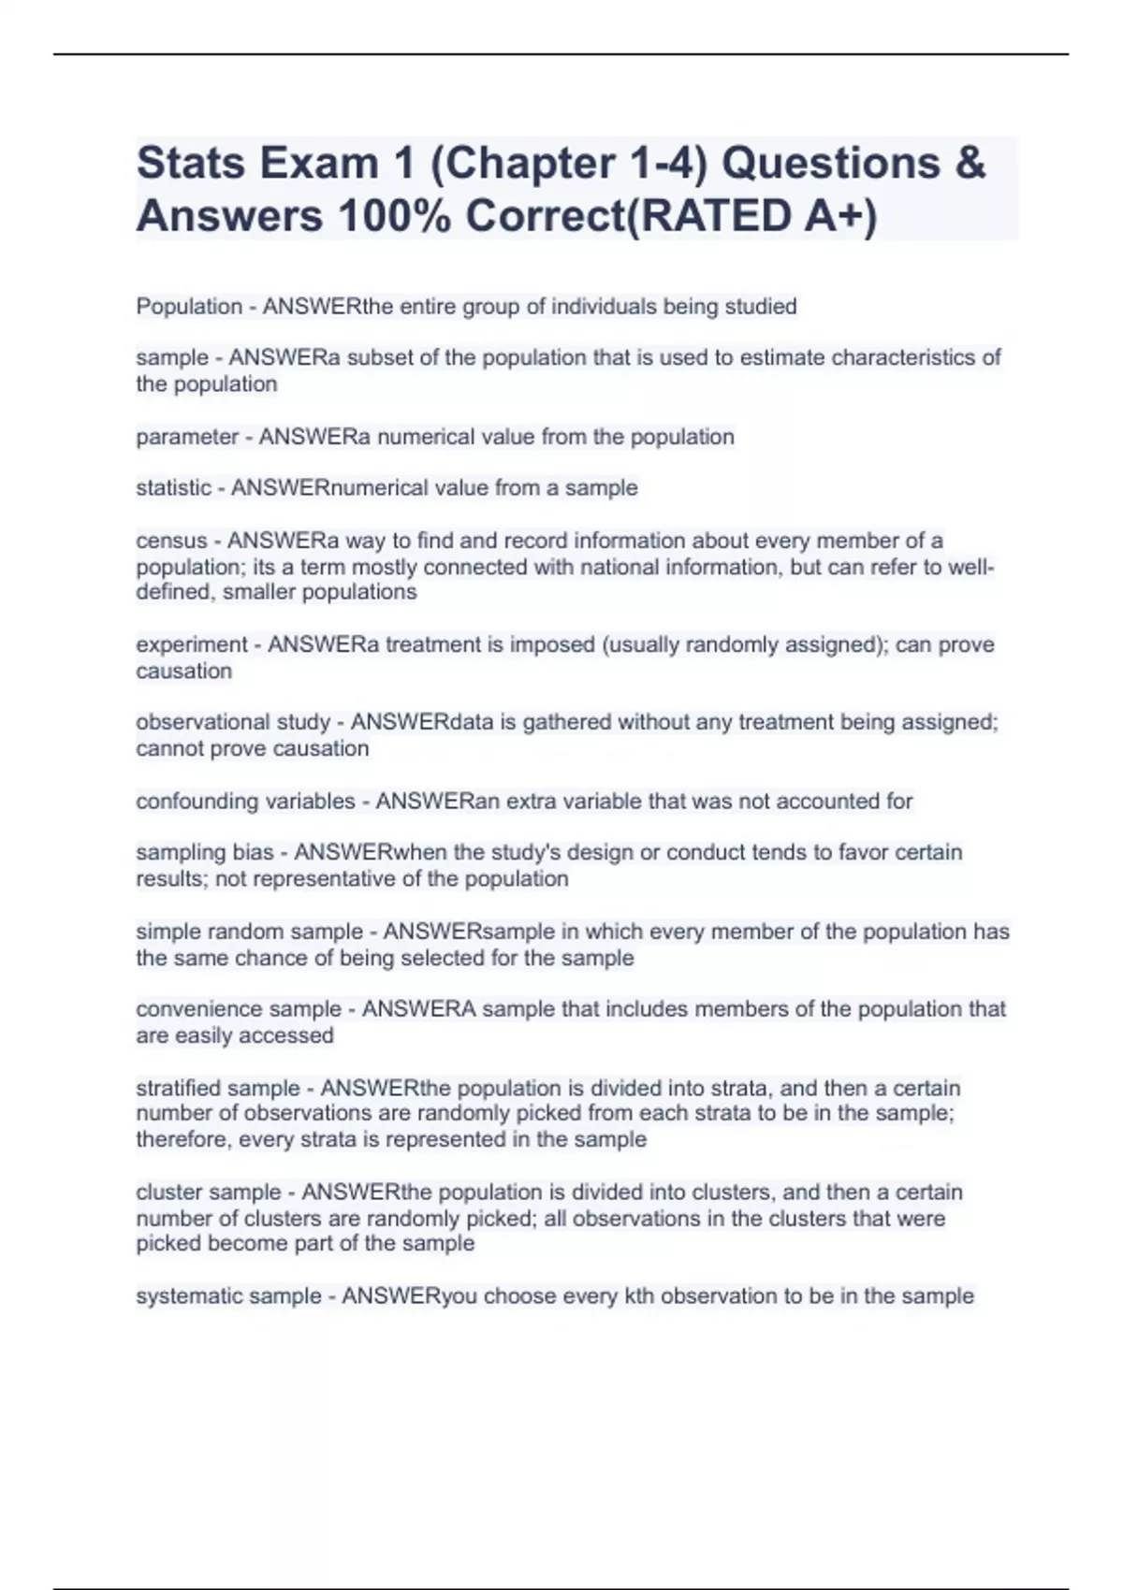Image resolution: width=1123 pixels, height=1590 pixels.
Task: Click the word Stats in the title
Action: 191,164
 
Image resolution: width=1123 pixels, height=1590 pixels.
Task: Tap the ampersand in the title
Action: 971,164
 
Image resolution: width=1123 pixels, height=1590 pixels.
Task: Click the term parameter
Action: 187,437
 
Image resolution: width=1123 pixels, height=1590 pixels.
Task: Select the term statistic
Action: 173,488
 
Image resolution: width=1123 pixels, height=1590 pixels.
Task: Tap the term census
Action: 171,541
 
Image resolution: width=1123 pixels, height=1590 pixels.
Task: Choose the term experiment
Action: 192,644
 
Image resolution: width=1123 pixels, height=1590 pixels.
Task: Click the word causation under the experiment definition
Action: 183,671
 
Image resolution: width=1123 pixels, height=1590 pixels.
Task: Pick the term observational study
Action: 233,722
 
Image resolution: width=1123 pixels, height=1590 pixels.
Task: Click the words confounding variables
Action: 245,802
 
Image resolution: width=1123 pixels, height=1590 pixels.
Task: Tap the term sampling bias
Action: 205,853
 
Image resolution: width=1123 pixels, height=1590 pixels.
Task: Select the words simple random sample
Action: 249,932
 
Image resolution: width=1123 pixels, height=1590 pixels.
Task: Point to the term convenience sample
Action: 239,1009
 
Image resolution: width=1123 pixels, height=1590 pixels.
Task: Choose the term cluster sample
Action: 209,1192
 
